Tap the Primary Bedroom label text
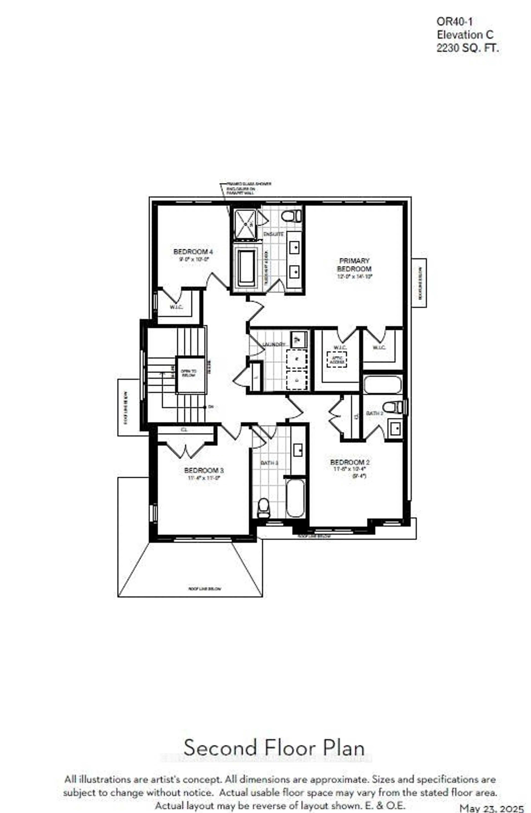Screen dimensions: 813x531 coord(354,265)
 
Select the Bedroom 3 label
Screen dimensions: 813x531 coord(204,470)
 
